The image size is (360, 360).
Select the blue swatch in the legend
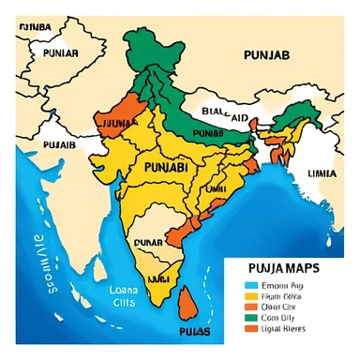point(249,285)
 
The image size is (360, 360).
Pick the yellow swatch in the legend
point(249,296)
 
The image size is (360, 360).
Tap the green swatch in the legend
point(249,318)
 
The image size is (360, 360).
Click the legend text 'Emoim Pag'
point(285,285)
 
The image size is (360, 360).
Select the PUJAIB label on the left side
point(58,145)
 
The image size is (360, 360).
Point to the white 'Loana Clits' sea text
point(123,295)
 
